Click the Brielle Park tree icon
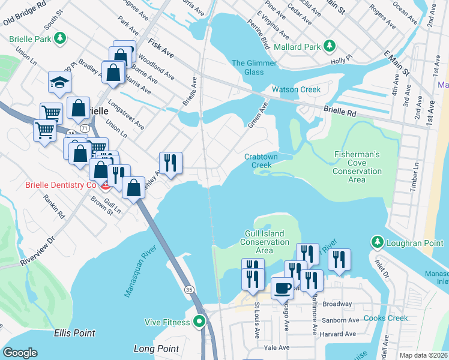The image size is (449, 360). point(59,39)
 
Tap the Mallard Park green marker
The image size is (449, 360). point(329,46)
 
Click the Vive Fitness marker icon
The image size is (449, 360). point(200,322)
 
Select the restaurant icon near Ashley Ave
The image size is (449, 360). point(170,163)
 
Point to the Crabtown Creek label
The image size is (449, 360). point(262,161)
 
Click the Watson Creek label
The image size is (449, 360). point(296,89)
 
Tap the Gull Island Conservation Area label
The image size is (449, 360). point(265,242)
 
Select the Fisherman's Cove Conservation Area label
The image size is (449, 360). point(357,167)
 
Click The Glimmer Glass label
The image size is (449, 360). point(254,68)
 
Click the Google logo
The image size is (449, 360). point(20,353)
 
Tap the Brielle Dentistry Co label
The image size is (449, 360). point(61,185)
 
